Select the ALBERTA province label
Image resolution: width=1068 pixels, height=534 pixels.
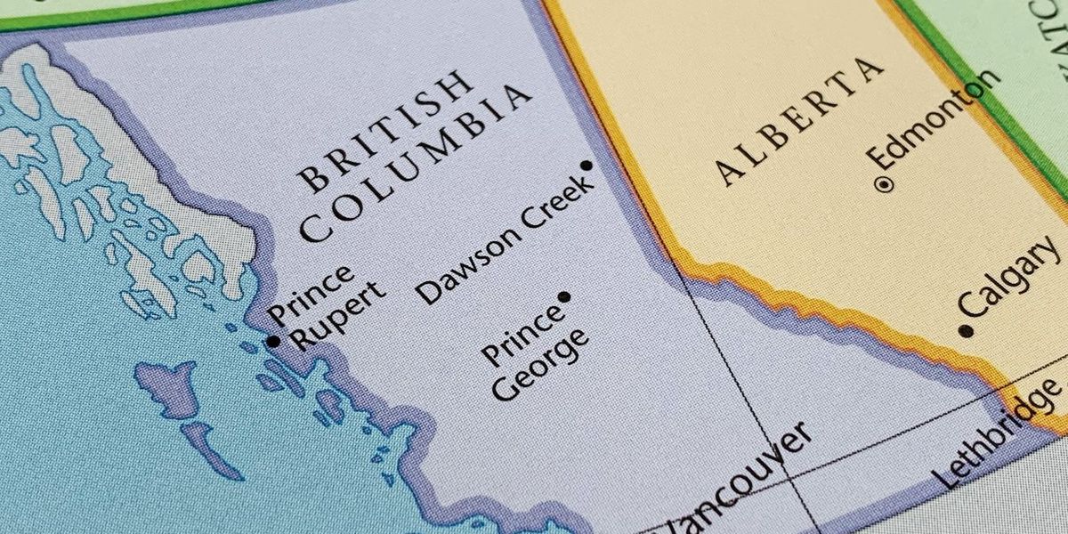(801, 120)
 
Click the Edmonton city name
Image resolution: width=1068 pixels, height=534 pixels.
(934, 119)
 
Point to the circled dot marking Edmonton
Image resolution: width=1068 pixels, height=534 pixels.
(884, 185)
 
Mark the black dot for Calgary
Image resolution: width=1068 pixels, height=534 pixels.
(966, 331)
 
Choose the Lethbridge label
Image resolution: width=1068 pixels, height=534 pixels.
(999, 433)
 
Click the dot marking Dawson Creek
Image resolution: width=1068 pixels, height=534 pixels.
(586, 166)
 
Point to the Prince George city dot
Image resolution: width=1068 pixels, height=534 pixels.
(563, 296)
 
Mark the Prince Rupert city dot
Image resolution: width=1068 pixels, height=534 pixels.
(274, 341)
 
